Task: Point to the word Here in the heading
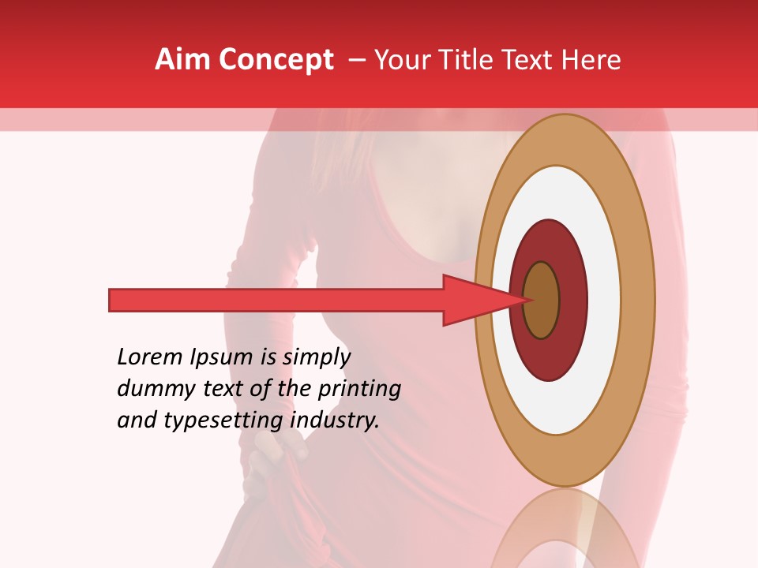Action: pyautogui.click(x=593, y=60)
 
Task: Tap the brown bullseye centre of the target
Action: pyautogui.click(x=542, y=301)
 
